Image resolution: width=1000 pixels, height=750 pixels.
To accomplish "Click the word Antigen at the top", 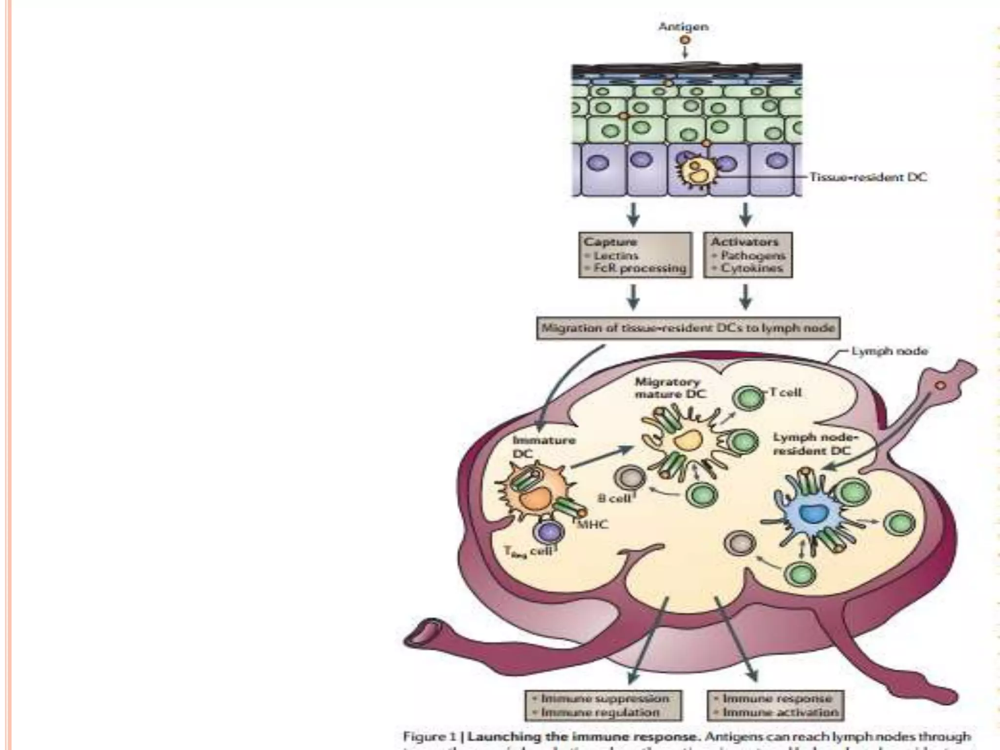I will [x=683, y=26].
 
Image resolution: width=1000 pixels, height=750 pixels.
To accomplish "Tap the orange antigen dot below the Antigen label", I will [x=685, y=40].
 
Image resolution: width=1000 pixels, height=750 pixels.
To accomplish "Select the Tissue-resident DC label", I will [x=868, y=177].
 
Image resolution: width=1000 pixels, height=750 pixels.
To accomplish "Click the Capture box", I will [x=635, y=255].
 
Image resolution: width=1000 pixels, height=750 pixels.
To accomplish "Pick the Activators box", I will [x=748, y=255].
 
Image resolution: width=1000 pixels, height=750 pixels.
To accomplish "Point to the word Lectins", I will [x=616, y=255].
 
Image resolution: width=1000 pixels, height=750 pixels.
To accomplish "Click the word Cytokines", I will [x=752, y=268].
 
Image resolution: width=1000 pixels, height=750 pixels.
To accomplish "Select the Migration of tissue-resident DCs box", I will [x=688, y=328].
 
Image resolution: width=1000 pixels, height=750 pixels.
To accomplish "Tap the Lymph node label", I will [x=889, y=351].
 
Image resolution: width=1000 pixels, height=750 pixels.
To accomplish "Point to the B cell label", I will [x=614, y=499].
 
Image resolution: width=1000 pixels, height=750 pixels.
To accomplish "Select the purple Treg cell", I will [x=548, y=532].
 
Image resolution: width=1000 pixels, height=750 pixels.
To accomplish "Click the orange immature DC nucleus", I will [x=535, y=499].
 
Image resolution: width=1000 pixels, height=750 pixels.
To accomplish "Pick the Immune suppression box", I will [x=603, y=705].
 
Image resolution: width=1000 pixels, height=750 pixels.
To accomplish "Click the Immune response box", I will [x=775, y=705].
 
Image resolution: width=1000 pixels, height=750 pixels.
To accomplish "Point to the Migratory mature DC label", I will [x=670, y=388].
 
